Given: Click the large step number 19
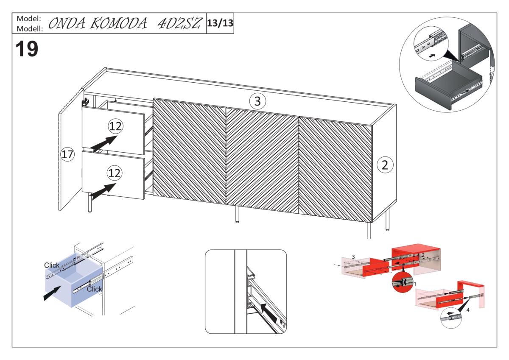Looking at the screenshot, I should click(x=27, y=49).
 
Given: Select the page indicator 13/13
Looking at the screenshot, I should click(x=220, y=22).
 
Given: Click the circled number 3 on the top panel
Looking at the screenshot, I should click(x=257, y=101).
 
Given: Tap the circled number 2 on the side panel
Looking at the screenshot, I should click(x=385, y=165).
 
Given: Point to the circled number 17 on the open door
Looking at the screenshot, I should click(x=67, y=155).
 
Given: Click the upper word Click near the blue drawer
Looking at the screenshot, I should click(x=52, y=265).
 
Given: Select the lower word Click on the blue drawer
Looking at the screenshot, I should click(x=95, y=289).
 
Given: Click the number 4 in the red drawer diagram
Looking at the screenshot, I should click(x=468, y=310).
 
